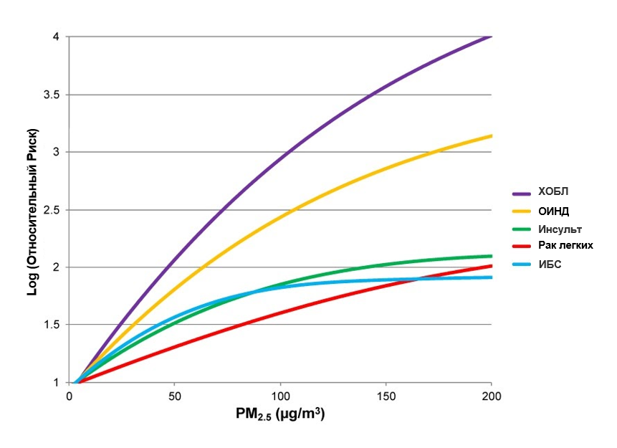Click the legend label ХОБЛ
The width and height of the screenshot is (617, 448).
[553, 192]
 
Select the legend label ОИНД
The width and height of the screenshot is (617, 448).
[554, 211]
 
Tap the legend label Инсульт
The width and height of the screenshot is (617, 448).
[560, 229]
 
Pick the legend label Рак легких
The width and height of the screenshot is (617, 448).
[565, 246]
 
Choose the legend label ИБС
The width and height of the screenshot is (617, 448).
[550, 264]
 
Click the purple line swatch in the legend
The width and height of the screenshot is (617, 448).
[522, 194]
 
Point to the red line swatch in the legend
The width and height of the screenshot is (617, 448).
[522, 247]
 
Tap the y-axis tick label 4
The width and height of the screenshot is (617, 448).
[56, 37]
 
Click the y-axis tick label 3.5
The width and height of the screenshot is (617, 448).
[51, 95]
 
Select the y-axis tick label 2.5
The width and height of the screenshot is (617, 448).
[51, 210]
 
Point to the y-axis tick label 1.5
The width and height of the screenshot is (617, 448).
[51, 325]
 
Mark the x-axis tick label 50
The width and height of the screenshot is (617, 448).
[175, 396]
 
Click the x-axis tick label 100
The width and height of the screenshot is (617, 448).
[280, 396]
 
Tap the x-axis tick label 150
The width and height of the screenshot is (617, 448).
[386, 396]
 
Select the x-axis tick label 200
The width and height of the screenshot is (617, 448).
[492, 396]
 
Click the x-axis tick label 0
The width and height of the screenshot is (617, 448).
[70, 396]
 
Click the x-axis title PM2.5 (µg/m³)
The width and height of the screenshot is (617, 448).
[280, 414]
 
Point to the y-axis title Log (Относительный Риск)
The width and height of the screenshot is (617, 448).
[33, 212]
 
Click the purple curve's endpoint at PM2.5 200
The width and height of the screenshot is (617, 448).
[492, 37]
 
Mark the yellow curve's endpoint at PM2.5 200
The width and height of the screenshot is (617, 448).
[492, 136]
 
